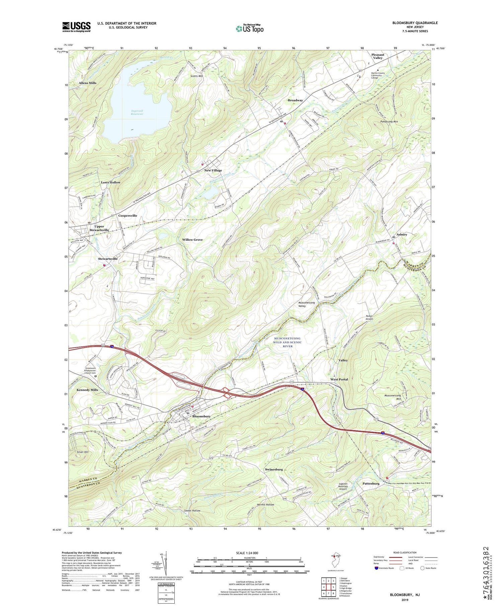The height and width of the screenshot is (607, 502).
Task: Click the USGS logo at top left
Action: tap(76, 27)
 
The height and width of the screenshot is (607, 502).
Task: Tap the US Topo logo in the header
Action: tap(249, 28)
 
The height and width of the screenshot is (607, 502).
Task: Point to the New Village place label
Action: tap(213, 170)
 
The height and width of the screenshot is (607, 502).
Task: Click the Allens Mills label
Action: tap(87, 83)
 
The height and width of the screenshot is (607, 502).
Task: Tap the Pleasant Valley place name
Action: tap(378, 56)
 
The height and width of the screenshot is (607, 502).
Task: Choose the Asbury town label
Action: tap(402, 234)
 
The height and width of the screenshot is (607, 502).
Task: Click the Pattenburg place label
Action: tap(371, 483)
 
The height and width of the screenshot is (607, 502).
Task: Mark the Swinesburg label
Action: tap(274, 469)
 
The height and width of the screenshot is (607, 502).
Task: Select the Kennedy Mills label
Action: tap(87, 390)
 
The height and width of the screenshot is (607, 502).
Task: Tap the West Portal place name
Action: tap(339, 379)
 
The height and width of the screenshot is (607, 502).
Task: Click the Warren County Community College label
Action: tap(378, 75)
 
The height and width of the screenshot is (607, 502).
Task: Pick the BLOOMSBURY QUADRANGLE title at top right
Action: tap(415, 23)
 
